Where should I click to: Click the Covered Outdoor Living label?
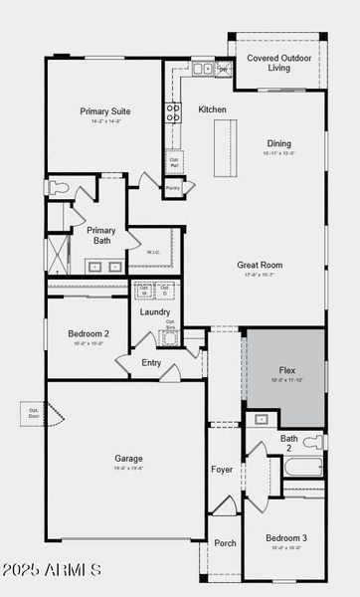278,63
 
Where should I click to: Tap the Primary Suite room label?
105,111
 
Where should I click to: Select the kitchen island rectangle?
226,147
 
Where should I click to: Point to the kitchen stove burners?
173,111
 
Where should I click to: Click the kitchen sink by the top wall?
202,69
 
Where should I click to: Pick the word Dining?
278,143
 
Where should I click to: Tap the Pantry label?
173,187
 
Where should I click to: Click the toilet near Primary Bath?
58,186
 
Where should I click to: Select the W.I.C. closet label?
154,252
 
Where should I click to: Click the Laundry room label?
155,312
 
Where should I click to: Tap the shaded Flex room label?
285,369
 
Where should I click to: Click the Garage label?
128,459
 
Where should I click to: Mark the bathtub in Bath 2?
302,469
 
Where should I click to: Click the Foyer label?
221,469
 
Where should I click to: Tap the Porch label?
225,543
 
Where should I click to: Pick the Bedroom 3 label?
285,538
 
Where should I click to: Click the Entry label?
151,362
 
